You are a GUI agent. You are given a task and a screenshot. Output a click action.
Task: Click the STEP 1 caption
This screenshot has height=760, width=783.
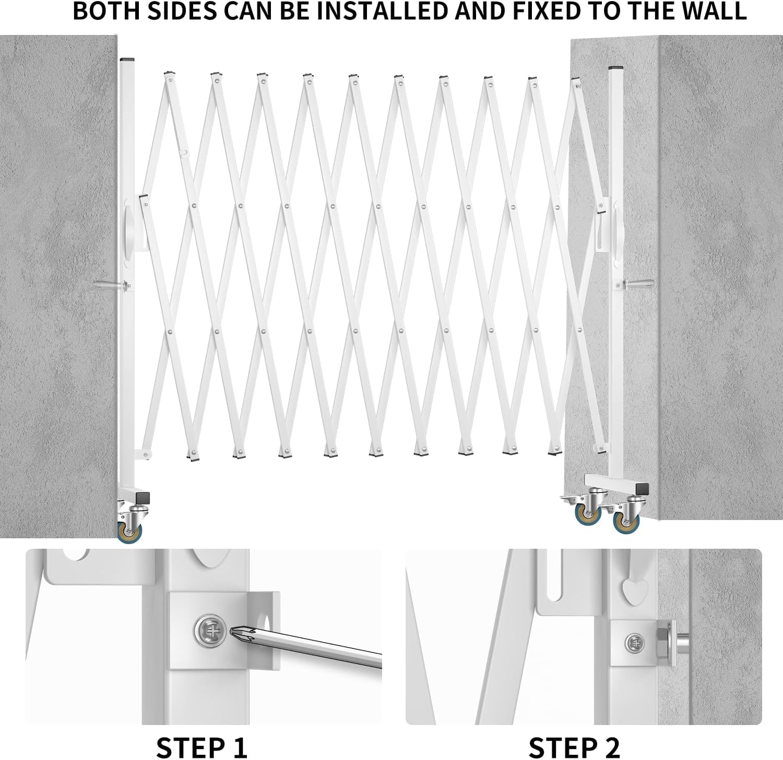(x=201, y=747)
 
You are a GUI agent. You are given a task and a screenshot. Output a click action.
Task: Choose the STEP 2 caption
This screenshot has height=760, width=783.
(x=574, y=747)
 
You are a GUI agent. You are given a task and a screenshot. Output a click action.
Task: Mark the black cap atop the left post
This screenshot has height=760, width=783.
(x=127, y=59)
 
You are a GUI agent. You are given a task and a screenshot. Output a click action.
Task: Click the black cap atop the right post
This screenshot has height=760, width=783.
(x=616, y=68)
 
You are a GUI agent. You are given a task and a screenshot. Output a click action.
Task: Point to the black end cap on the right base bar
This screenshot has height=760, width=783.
(x=644, y=489)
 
